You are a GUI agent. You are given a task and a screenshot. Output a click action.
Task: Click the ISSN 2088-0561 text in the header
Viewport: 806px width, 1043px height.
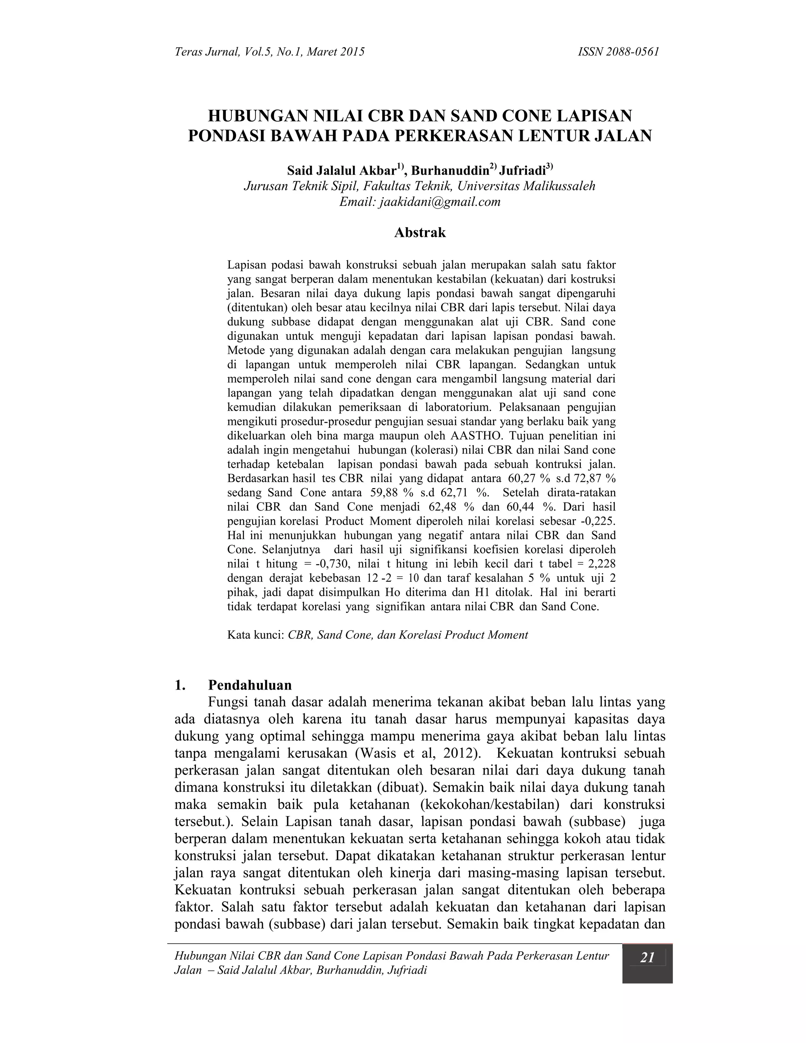(618, 52)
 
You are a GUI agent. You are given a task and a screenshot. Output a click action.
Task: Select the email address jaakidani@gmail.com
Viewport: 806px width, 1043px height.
(440, 202)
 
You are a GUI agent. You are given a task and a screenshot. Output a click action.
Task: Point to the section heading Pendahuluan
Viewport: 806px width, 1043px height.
(250, 685)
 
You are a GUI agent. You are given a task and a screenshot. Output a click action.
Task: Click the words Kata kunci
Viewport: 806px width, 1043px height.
(255, 635)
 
